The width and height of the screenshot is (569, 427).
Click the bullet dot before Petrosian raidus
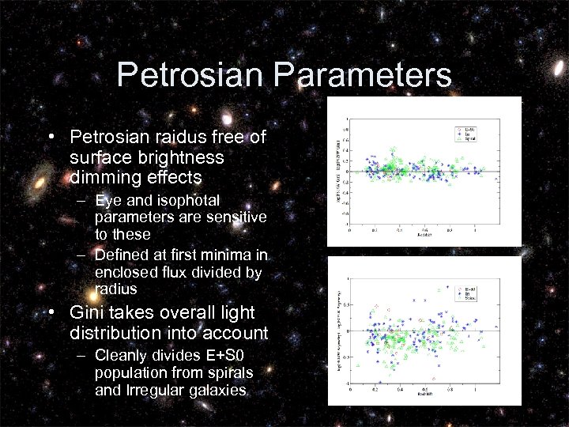[x=51, y=138]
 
